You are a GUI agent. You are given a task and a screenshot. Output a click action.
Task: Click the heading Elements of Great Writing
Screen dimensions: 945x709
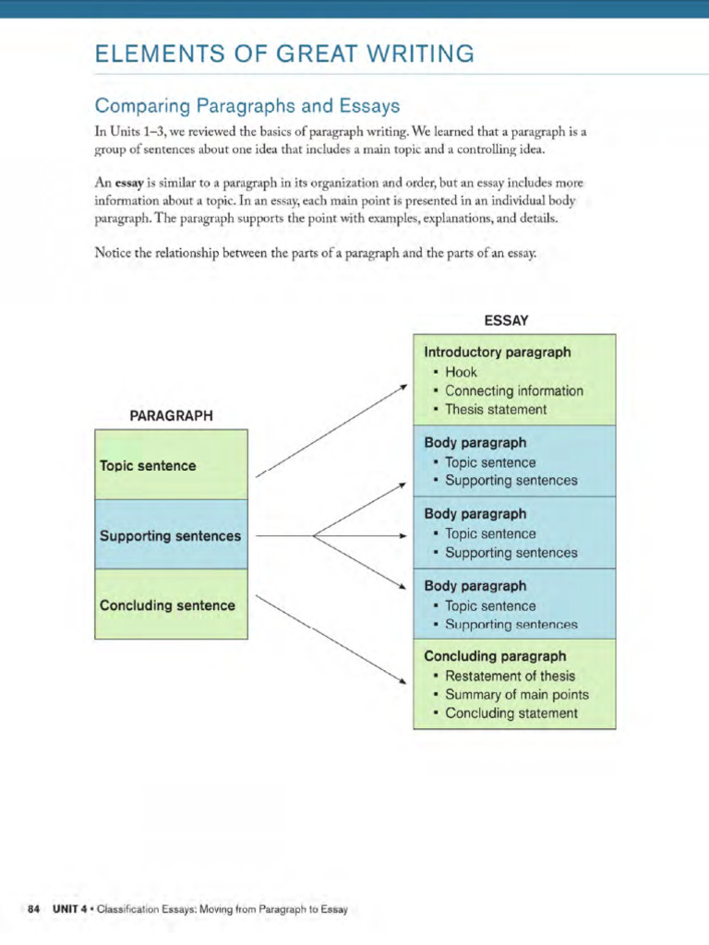[284, 54]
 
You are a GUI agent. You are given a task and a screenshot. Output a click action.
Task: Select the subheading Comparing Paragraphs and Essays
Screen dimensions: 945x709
[246, 106]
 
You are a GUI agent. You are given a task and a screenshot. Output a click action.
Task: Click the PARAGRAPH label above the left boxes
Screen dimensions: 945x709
[171, 415]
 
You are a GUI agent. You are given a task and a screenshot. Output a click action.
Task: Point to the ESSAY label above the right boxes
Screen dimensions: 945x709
[506, 320]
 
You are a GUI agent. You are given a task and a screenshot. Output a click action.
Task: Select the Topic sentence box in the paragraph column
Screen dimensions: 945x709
[171, 465]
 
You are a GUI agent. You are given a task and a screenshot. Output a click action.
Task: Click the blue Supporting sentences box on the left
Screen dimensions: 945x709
[171, 535]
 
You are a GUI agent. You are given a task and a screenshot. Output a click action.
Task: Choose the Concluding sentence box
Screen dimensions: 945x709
[171, 605]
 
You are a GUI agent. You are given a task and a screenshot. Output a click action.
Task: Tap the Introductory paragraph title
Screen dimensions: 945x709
[497, 352]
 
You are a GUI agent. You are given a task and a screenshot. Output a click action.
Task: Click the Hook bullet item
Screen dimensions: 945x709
[461, 372]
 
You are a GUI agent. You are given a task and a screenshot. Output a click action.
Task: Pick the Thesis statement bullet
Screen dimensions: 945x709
[495, 409]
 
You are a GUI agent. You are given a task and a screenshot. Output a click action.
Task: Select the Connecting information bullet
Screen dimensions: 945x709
[513, 390]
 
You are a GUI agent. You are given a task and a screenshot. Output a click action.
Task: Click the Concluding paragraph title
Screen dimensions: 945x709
[495, 656]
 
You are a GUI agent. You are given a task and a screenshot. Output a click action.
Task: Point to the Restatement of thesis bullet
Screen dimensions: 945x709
[510, 676]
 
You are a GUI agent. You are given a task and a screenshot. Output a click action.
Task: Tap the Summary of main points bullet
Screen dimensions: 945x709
[516, 694]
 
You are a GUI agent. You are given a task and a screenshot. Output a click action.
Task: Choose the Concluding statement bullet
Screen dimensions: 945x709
[511, 713]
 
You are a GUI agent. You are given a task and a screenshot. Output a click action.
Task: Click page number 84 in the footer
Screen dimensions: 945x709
[34, 910]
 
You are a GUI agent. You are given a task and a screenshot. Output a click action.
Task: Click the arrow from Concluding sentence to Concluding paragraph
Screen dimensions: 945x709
[330, 640]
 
